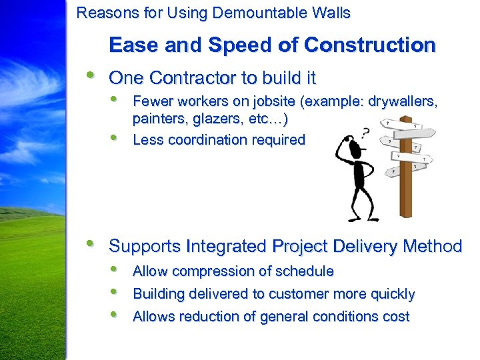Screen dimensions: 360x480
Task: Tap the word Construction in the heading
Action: [x=370, y=45]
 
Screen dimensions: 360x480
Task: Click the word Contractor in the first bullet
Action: [x=193, y=78]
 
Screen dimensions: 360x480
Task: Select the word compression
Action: [x=210, y=272]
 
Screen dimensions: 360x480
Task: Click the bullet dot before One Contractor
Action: [x=90, y=75]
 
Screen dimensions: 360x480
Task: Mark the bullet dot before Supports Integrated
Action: [x=90, y=244]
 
